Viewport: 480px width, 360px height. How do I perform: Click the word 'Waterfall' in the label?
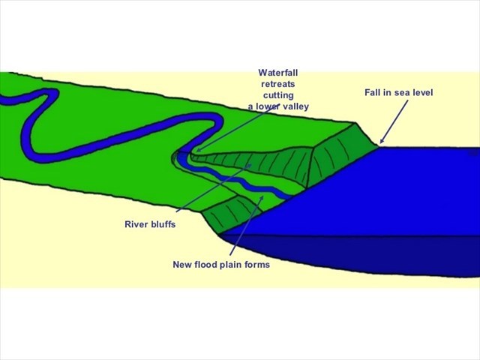pos(278,73)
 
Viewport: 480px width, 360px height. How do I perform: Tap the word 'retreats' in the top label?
pos(278,84)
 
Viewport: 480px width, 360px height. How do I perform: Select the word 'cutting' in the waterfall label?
pos(278,95)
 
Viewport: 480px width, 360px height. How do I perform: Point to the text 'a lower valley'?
pos(278,106)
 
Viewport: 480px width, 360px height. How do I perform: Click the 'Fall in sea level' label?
pos(399,92)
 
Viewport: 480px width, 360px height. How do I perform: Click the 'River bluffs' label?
pos(150,224)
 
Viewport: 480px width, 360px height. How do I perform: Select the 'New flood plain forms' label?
pos(221,265)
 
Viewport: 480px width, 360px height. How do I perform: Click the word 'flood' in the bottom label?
pos(207,265)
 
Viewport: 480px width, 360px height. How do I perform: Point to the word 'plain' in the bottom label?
pos(233,265)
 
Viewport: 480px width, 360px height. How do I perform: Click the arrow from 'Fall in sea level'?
pos(394,120)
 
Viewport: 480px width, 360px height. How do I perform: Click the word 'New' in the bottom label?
pos(182,265)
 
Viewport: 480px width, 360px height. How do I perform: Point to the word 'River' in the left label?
pos(136,224)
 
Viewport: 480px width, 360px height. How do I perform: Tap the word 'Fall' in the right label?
pos(373,92)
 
